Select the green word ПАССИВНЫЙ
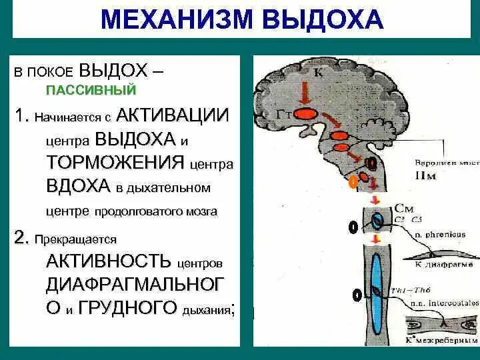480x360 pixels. click(91, 89)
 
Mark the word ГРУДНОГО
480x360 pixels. click(127, 307)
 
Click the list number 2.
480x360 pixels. click(21, 238)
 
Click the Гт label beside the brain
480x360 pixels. click(283, 115)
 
